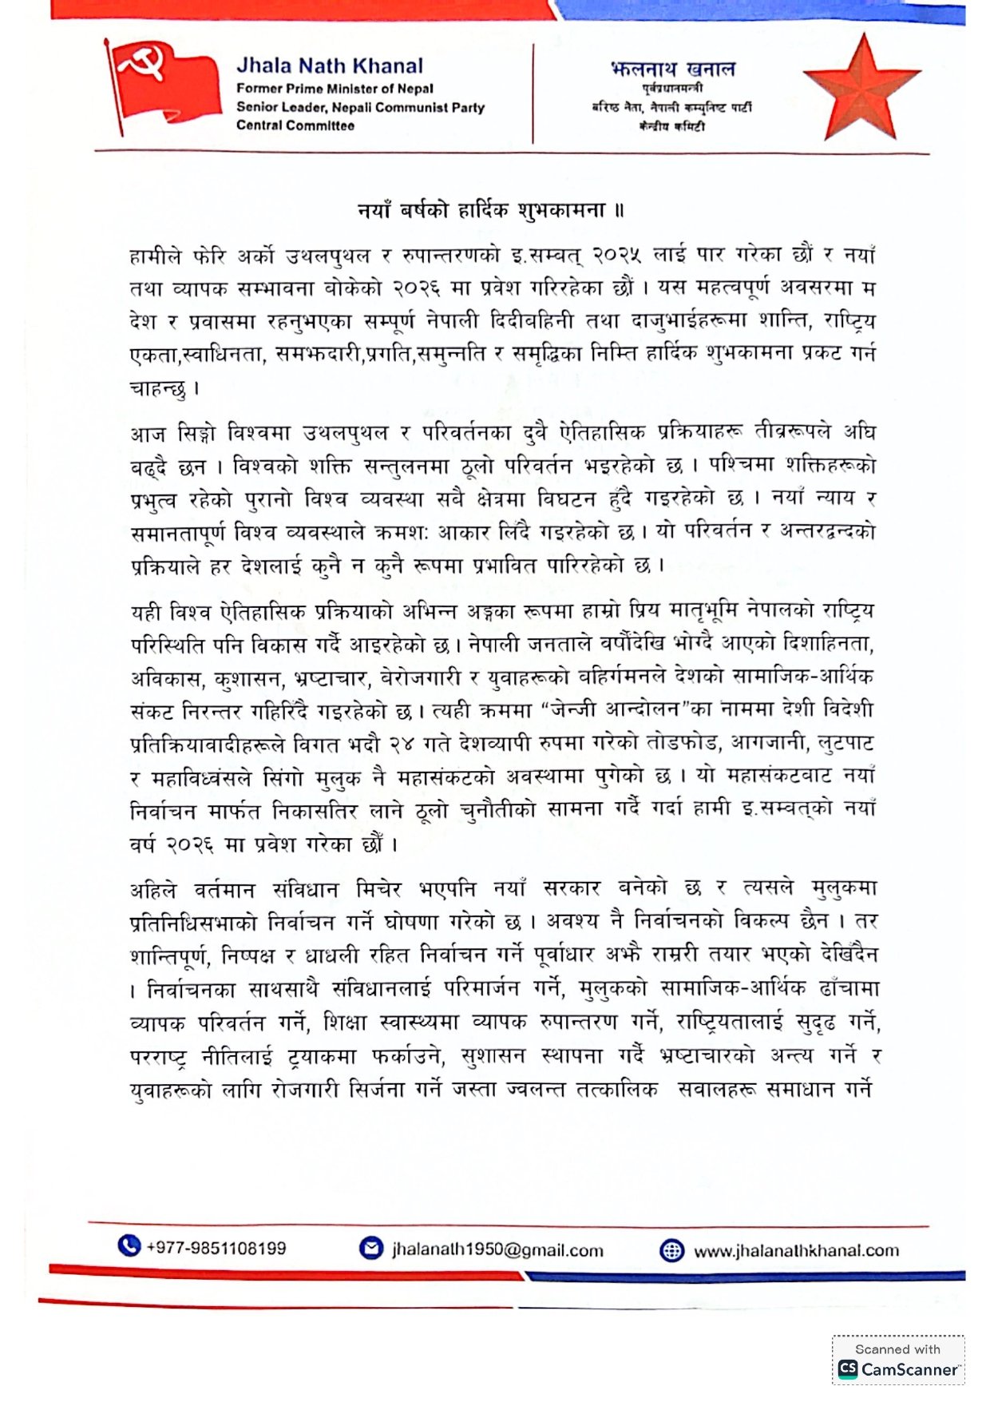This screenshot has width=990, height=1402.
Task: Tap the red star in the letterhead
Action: pyautogui.click(x=862, y=86)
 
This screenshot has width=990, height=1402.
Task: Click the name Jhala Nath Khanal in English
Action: pyautogui.click(x=330, y=66)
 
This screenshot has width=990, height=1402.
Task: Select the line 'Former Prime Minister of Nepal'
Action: pyautogui.click(x=335, y=89)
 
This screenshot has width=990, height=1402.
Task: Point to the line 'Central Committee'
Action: pyautogui.click(x=295, y=125)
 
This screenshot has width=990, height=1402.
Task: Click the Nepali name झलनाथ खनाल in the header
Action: pyautogui.click(x=672, y=70)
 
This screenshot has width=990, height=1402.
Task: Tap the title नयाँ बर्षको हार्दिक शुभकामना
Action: pyautogui.click(x=490, y=211)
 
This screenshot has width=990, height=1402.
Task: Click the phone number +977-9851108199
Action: pyautogui.click(x=216, y=1248)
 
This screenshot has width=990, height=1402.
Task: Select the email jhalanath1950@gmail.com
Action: pyautogui.click(x=497, y=1250)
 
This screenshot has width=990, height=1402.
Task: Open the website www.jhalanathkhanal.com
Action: pyautogui.click(x=796, y=1251)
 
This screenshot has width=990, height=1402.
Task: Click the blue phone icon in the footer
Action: pyautogui.click(x=129, y=1246)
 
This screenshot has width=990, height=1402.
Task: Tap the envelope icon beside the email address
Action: pyautogui.click(x=371, y=1249)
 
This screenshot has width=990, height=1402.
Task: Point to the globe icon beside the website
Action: pyautogui.click(x=671, y=1251)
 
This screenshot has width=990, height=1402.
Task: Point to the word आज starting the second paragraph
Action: pyautogui.click(x=147, y=434)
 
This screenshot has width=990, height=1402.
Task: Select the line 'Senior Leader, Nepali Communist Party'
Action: pyautogui.click(x=360, y=107)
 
